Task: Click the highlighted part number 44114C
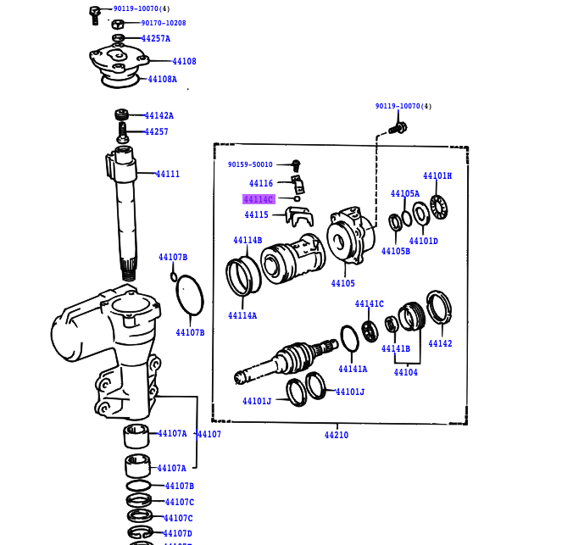point(259,199)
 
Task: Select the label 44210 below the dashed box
point(336,435)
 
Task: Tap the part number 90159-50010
point(250,164)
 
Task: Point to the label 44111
point(167,174)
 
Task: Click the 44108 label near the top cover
point(184,61)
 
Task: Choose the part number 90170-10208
point(163,23)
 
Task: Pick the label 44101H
point(437,176)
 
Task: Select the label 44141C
point(369,303)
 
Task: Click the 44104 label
point(405,372)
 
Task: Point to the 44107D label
point(178,532)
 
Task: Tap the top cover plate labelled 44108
point(119,59)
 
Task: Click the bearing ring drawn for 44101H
point(438,207)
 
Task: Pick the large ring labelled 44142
point(438,309)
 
